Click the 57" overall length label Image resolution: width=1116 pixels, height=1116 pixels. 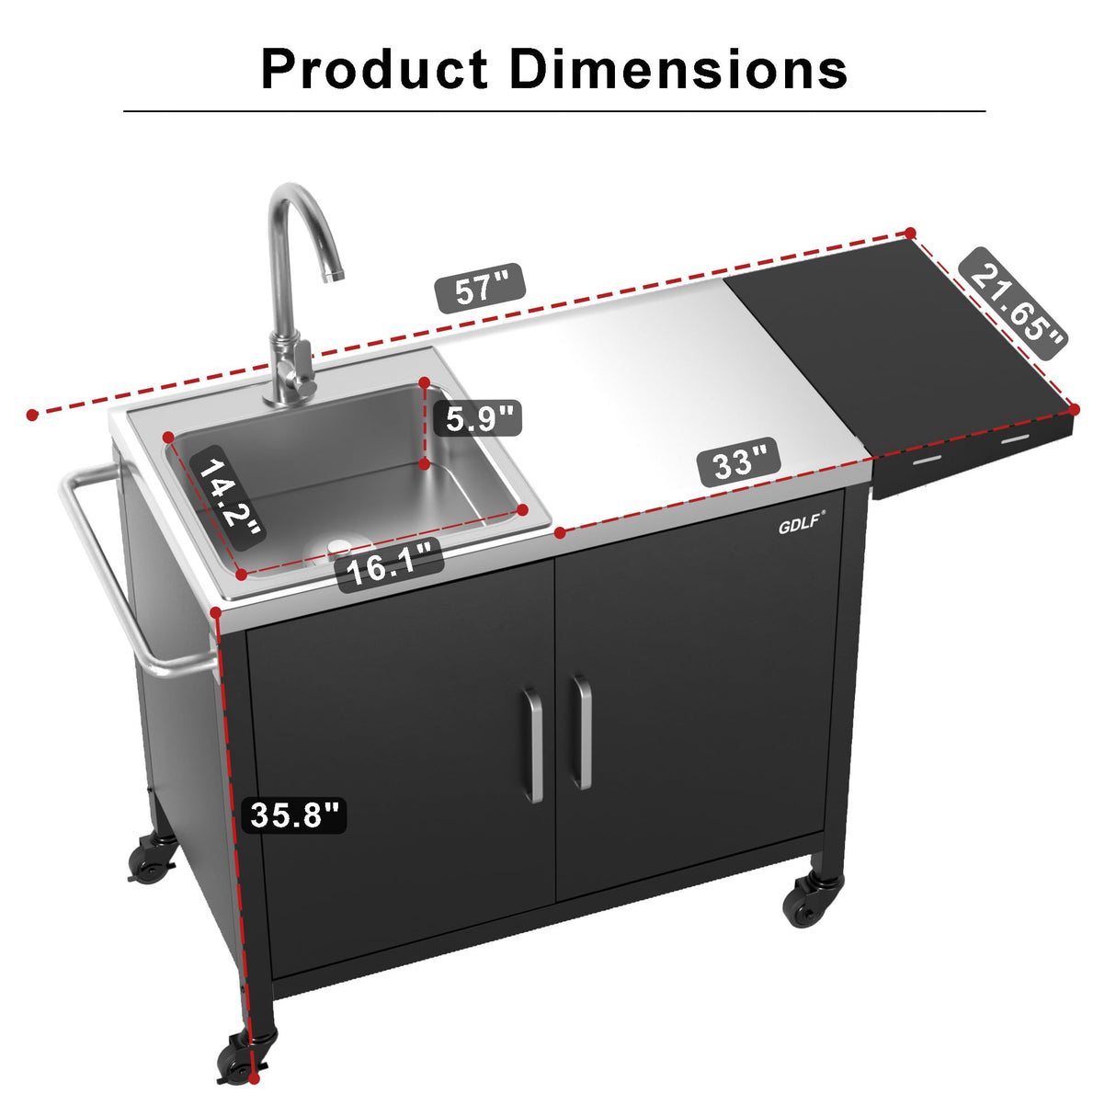(480, 289)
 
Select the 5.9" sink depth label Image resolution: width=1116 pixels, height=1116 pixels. (478, 418)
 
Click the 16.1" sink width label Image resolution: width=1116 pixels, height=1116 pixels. (390, 566)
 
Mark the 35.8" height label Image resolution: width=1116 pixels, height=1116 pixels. (294, 814)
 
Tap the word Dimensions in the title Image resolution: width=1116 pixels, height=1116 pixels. (678, 70)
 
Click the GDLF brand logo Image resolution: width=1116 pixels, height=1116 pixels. (801, 526)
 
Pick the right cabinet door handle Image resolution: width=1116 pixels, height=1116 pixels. (581, 733)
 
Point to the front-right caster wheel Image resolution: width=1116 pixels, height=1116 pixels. (811, 900)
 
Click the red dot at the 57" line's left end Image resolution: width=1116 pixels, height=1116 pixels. (32, 416)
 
